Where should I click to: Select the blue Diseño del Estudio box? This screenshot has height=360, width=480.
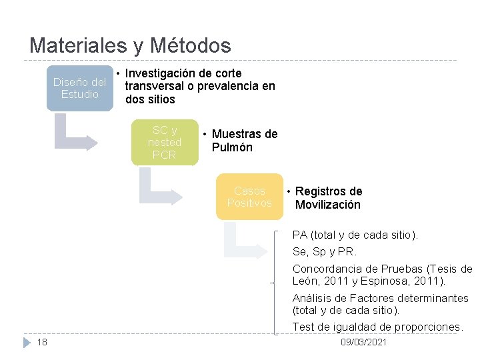tap(79, 88)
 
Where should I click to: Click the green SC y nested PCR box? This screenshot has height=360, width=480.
tap(165, 143)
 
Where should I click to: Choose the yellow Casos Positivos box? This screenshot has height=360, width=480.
tap(249, 197)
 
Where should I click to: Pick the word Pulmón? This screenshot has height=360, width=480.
tap(232, 147)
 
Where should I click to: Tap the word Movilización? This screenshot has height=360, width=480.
tap(327, 205)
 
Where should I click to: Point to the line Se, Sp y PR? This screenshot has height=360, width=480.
tap(325, 252)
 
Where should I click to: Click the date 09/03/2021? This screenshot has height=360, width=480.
tap(363, 342)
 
